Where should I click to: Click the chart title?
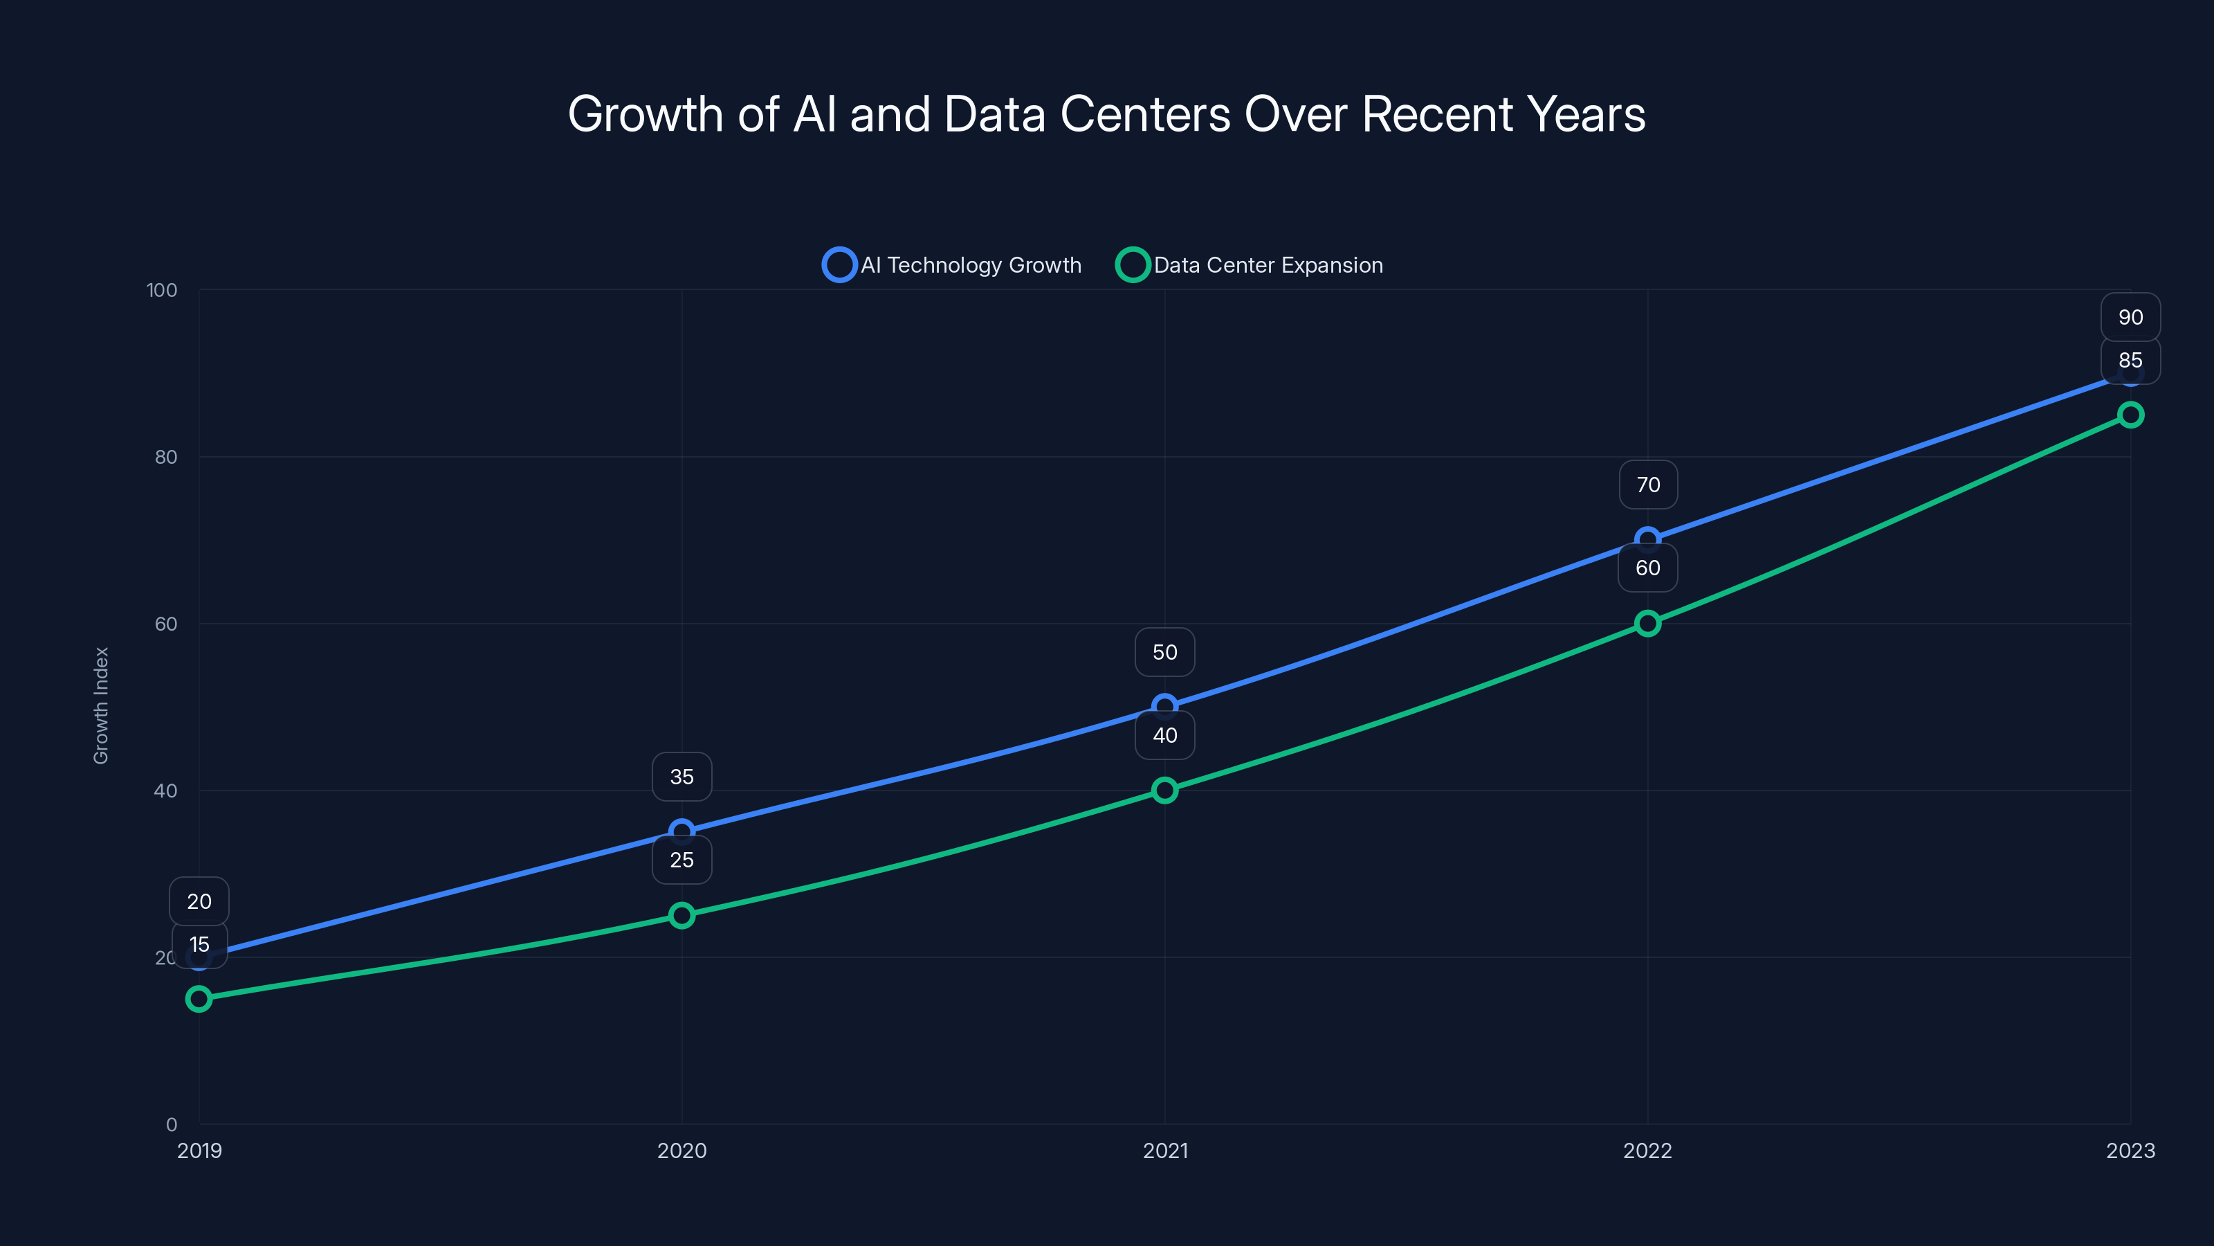(x=1106, y=114)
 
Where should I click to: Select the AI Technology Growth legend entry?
(x=952, y=265)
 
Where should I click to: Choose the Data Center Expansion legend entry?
(x=1250, y=265)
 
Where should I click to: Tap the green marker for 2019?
(x=199, y=998)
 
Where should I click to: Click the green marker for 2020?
(x=681, y=915)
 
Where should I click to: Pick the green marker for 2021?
(x=1164, y=791)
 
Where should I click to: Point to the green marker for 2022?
(x=1647, y=624)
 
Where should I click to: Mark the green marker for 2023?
(x=2131, y=415)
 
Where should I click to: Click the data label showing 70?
(x=1647, y=485)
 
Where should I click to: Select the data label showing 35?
(x=681, y=777)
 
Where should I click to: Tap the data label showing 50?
(x=1164, y=652)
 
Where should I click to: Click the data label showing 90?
(x=2131, y=317)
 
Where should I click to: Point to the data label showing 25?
(x=681, y=860)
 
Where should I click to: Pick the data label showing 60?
(x=1647, y=568)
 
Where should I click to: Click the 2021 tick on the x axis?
(x=1164, y=1150)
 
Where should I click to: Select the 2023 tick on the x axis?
(x=2131, y=1150)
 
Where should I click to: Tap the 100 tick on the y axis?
(x=162, y=290)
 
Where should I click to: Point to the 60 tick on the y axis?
(x=166, y=624)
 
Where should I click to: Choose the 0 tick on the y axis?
(x=171, y=1125)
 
